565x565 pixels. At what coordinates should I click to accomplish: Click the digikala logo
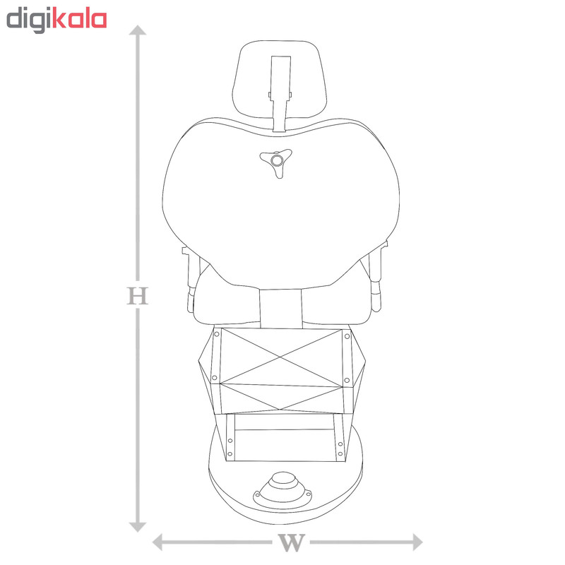(x=56, y=20)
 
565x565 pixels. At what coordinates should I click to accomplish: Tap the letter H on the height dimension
(x=137, y=296)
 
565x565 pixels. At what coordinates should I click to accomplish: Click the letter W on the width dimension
(x=292, y=542)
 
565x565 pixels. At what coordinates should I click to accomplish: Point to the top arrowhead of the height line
(x=138, y=30)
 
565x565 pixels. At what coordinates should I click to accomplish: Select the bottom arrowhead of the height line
(x=138, y=527)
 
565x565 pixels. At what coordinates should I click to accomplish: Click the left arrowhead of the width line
(x=157, y=542)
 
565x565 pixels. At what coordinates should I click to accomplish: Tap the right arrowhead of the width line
(x=417, y=542)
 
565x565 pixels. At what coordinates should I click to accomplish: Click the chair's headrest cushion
(x=280, y=79)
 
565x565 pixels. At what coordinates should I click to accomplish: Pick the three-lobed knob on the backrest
(x=276, y=162)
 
